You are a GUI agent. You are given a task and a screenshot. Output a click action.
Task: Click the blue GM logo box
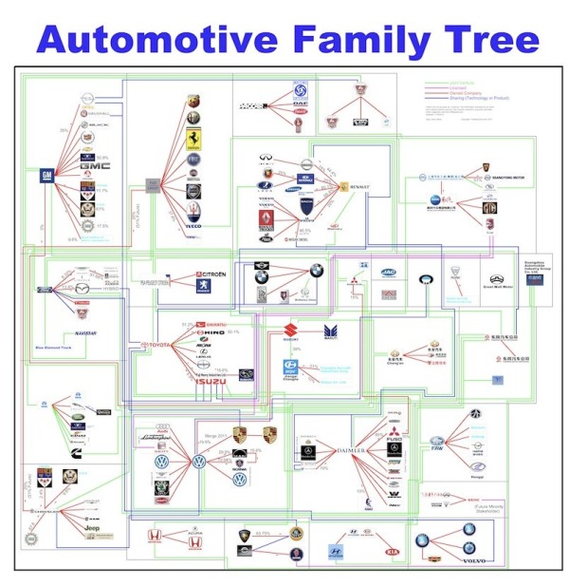(44, 176)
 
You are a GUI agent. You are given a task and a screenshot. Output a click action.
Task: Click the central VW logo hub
(198, 462)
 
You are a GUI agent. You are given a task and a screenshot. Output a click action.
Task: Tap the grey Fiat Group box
(152, 184)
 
